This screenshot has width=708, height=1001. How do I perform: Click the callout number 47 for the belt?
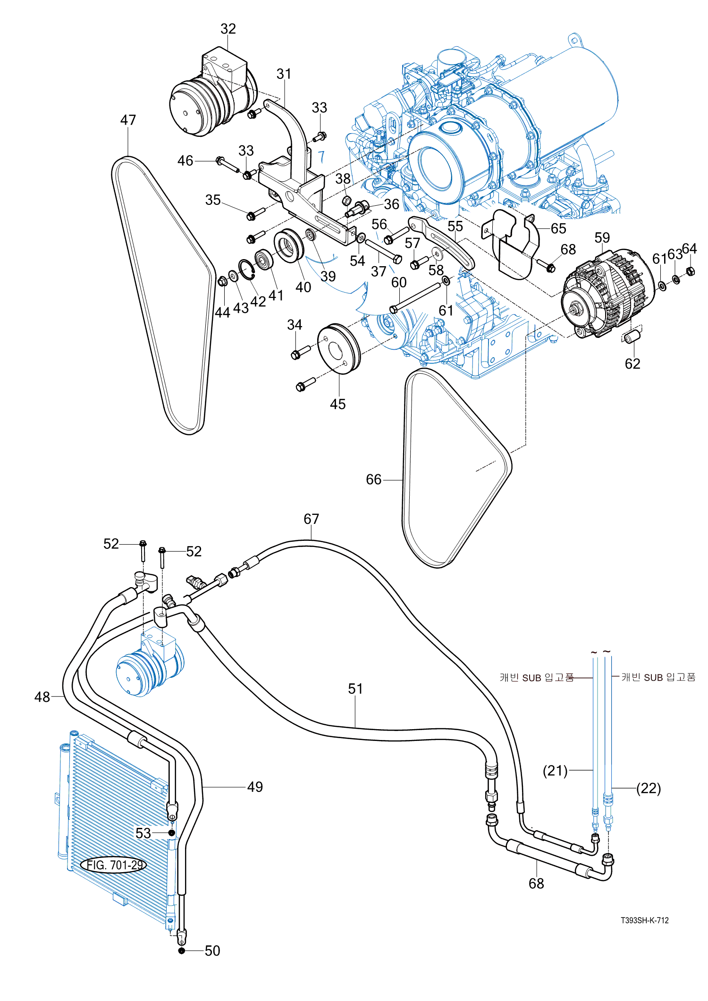pyautogui.click(x=128, y=120)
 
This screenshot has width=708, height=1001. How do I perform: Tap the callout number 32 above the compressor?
pyautogui.click(x=228, y=29)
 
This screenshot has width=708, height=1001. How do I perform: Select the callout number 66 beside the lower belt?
pyautogui.click(x=373, y=479)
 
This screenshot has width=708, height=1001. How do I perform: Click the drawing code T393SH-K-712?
pyautogui.click(x=644, y=920)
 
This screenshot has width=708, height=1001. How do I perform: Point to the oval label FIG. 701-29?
pyautogui.click(x=114, y=865)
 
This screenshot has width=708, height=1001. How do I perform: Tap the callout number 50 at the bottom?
pyautogui.click(x=212, y=951)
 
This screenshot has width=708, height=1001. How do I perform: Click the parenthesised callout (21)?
pyautogui.click(x=555, y=771)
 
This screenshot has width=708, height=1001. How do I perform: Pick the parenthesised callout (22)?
pyautogui.click(x=649, y=788)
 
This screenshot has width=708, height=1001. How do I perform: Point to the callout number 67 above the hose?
pyautogui.click(x=311, y=519)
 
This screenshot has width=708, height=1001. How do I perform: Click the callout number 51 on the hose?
pyautogui.click(x=355, y=689)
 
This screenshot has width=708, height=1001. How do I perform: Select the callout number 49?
pyautogui.click(x=255, y=787)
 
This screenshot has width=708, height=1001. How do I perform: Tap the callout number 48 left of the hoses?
pyautogui.click(x=42, y=697)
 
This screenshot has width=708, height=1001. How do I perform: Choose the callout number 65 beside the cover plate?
pyautogui.click(x=558, y=228)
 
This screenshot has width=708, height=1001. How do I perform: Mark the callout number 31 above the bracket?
pyautogui.click(x=284, y=74)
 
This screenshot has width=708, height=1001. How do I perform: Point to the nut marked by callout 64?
pyautogui.click(x=690, y=271)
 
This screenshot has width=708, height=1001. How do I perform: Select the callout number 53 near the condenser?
pyautogui.click(x=143, y=833)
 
